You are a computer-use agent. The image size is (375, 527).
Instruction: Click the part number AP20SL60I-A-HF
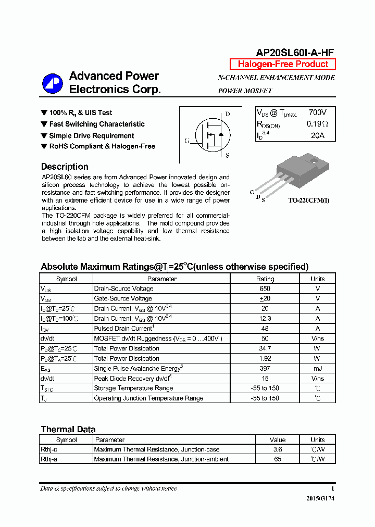point(295,52)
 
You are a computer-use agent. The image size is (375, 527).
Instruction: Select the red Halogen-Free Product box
point(283,64)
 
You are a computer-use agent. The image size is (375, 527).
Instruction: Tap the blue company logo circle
point(53,83)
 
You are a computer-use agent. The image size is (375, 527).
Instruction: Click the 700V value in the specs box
point(317,112)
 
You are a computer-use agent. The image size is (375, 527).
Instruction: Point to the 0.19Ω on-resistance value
point(317,124)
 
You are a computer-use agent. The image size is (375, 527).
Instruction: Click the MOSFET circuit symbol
point(209,134)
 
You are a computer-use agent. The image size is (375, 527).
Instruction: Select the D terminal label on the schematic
point(228,114)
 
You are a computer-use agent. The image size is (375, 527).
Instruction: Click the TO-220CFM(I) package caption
point(309,200)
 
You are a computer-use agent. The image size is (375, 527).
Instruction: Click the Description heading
point(65,167)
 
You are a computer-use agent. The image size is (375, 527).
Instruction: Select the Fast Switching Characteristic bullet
point(97,124)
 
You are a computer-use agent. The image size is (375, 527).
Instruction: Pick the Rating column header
point(265,279)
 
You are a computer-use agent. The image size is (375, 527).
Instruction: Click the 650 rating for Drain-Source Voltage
point(265,288)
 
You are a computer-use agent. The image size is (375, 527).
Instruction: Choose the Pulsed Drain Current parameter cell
point(123,328)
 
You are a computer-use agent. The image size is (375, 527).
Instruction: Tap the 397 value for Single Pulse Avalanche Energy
point(265,368)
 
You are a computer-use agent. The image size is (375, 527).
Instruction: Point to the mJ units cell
point(317,368)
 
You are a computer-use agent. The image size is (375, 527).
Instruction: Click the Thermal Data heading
point(68,430)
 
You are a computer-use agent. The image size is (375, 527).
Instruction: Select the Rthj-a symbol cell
point(49,459)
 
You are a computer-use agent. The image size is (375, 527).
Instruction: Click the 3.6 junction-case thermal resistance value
point(277,449)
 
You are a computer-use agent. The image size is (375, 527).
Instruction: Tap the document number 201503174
point(320,499)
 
